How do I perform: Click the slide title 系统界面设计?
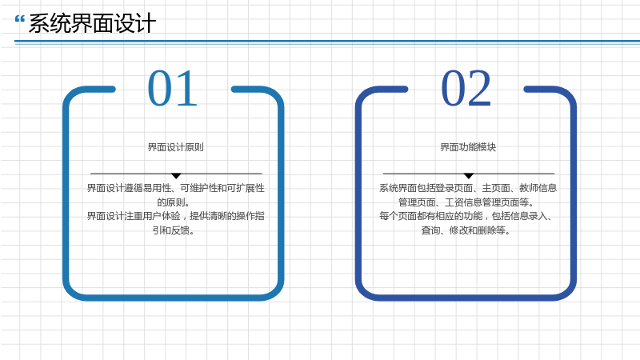92,23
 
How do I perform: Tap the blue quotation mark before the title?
19,18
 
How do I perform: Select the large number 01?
173,88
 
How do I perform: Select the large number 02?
466,88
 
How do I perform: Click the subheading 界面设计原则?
175,147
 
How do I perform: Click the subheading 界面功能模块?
468,147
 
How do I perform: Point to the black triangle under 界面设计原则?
176,176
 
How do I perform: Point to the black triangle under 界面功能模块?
469,176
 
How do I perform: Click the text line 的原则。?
174,202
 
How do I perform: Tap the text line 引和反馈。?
174,230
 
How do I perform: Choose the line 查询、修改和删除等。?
466,230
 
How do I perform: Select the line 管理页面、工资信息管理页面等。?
466,202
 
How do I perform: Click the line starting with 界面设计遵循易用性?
175,188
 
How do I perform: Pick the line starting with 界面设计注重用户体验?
175,216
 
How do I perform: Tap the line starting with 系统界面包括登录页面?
468,188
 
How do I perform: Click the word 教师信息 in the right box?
538,188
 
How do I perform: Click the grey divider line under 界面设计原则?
176,174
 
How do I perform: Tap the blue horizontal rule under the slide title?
327,42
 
